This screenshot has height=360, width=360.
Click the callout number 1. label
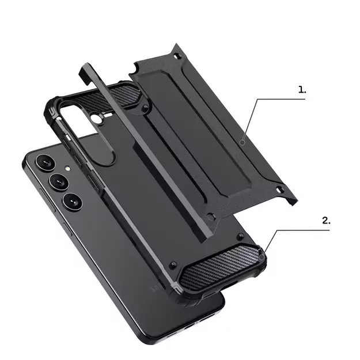302,90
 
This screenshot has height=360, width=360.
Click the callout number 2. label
327,220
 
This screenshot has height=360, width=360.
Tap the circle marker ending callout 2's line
263,256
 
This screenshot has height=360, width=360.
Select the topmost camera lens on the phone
43,164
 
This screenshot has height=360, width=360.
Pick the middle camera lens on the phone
58,183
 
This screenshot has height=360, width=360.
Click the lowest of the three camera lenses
73,201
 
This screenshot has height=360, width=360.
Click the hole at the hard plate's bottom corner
211,217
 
